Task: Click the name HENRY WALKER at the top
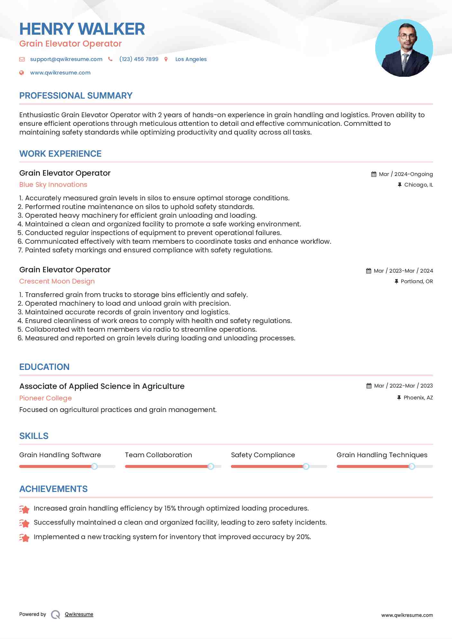click(82, 29)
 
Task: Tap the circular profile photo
click(404, 48)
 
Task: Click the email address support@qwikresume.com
click(66, 59)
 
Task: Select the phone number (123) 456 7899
click(139, 59)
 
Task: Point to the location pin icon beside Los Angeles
click(166, 59)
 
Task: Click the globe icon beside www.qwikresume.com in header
click(22, 73)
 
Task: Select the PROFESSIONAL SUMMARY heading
click(76, 96)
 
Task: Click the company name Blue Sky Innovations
click(53, 185)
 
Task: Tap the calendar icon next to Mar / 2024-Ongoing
click(374, 174)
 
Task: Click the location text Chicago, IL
click(418, 185)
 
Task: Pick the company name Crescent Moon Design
click(57, 281)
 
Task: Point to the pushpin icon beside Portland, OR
click(396, 281)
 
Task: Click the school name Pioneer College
click(45, 398)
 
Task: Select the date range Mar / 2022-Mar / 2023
click(403, 386)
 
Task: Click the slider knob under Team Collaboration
click(211, 466)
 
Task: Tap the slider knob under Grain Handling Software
click(94, 466)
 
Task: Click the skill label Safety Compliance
click(263, 455)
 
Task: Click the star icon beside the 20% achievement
click(24, 537)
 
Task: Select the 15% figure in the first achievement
click(170, 508)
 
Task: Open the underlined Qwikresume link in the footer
click(79, 614)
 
